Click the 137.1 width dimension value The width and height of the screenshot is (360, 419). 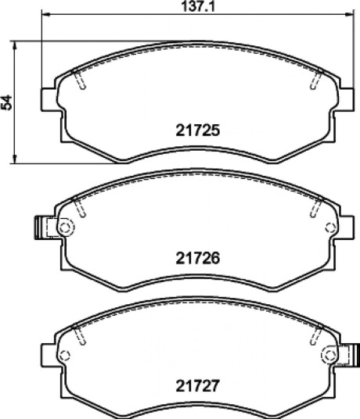[198, 6]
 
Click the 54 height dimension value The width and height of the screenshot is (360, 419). [6, 102]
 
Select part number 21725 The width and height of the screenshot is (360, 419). [198, 131]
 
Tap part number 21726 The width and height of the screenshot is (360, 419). [198, 258]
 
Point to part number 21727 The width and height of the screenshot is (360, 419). [198, 385]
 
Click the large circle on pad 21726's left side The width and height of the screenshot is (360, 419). [66, 227]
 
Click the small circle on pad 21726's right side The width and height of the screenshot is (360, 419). [330, 227]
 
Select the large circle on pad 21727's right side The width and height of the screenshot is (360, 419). [329, 355]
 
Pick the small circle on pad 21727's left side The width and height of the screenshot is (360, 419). [64, 356]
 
